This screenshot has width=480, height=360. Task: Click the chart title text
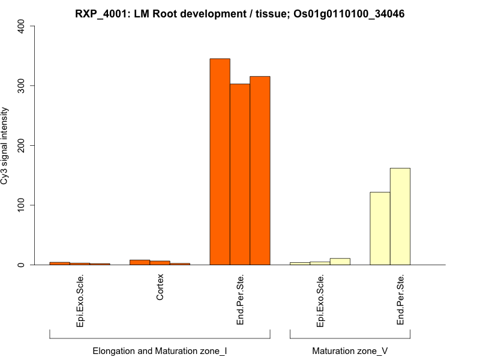pos(239,13)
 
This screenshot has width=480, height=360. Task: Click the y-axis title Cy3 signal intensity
pos(6,146)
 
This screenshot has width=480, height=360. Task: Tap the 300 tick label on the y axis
pos(22,86)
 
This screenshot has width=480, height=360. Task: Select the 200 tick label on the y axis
pos(22,146)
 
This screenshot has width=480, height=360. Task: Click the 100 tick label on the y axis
pos(22,205)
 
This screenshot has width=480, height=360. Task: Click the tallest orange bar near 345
pos(220,162)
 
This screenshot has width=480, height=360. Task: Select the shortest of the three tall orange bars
pos(240,175)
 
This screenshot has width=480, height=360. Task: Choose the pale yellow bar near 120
pos(380,229)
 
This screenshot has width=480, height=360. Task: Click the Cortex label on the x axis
pos(160,288)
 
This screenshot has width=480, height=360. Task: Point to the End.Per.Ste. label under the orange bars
pos(240,300)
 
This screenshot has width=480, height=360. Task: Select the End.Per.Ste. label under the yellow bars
pos(400,300)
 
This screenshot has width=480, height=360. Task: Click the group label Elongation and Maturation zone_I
pos(160,350)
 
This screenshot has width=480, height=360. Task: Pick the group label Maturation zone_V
pos(350,350)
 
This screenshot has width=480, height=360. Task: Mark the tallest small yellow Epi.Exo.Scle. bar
pos(340,262)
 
